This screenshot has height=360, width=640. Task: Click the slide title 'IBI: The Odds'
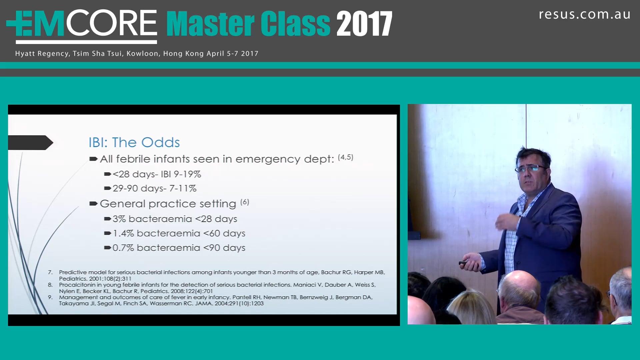pyautogui.click(x=134, y=142)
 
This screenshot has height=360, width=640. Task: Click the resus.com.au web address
pyautogui.click(x=585, y=14)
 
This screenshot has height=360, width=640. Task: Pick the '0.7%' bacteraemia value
pyautogui.click(x=123, y=248)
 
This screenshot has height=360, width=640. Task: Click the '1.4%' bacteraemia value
pyautogui.click(x=123, y=233)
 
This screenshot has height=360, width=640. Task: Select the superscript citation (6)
pyautogui.click(x=245, y=202)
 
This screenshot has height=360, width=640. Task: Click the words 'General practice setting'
pyautogui.click(x=168, y=204)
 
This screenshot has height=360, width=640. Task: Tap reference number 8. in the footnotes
pyautogui.click(x=50, y=285)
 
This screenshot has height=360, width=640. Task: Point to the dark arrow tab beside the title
pyautogui.click(x=30, y=143)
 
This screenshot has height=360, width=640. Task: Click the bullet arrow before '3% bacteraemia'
pyautogui.click(x=107, y=219)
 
